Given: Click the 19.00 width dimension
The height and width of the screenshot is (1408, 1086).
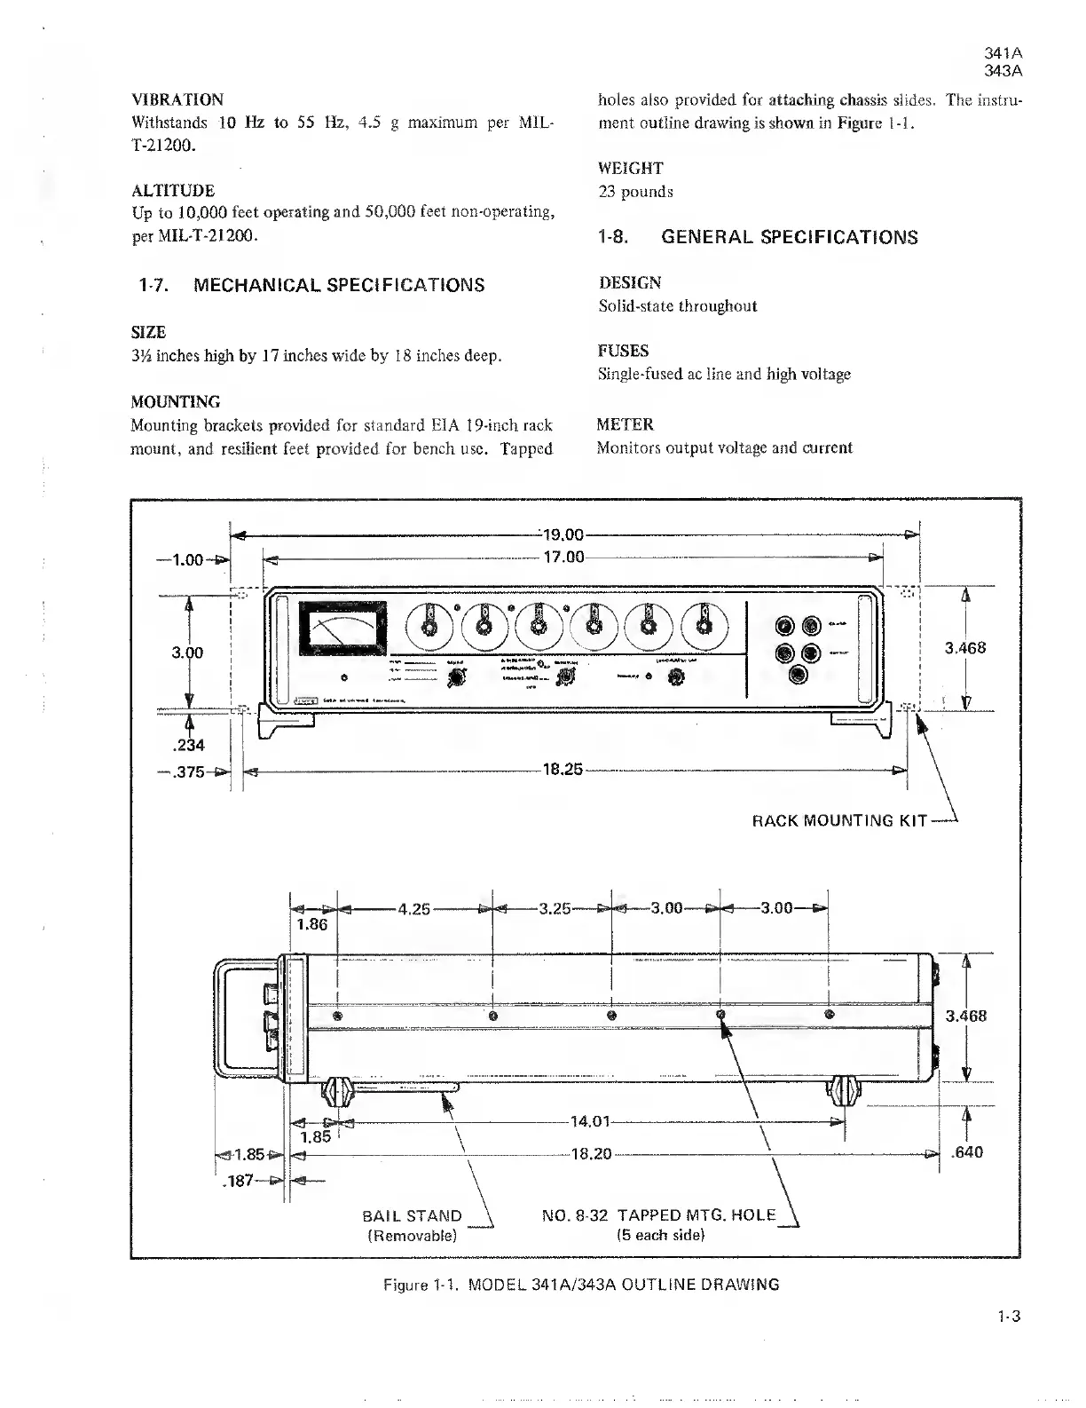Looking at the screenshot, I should (x=563, y=535).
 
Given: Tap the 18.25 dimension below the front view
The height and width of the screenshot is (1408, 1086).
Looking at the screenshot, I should (x=562, y=769).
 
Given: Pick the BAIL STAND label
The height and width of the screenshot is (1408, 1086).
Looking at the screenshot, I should (x=413, y=1216).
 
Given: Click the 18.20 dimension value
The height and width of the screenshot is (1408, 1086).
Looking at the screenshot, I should (x=590, y=1154).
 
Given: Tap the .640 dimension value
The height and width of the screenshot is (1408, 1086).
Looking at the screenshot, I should (x=966, y=1153).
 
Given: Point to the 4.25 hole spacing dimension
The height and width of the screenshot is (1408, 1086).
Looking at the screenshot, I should (x=414, y=909).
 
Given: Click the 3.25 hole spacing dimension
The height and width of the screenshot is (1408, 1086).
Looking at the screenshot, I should (x=555, y=909).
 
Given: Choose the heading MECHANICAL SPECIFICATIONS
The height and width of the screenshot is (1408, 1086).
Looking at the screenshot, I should (x=339, y=286).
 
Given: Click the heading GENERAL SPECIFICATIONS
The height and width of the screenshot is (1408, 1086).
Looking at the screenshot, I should (x=790, y=238).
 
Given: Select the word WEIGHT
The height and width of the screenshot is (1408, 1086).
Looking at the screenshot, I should (x=630, y=168).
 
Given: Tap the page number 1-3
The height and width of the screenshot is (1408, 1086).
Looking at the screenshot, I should (x=1009, y=1317).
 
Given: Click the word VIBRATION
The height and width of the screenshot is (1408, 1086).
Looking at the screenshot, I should (x=177, y=99).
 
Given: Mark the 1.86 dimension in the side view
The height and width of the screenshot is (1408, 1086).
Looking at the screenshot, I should (x=311, y=925).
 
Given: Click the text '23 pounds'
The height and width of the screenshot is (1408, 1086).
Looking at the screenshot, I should (x=634, y=192).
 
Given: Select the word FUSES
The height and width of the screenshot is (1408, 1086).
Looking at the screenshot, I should (x=623, y=351).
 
